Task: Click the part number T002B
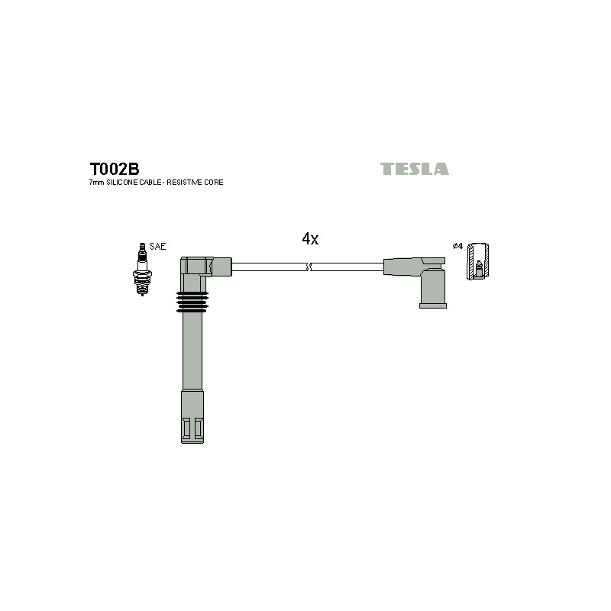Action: (x=114, y=169)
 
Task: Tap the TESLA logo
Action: (x=414, y=169)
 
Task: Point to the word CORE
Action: (x=214, y=182)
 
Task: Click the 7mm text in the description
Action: (x=97, y=182)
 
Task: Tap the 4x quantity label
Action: (x=310, y=238)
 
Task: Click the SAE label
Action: (x=157, y=246)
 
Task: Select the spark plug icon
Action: (x=142, y=269)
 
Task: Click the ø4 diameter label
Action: (x=457, y=246)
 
